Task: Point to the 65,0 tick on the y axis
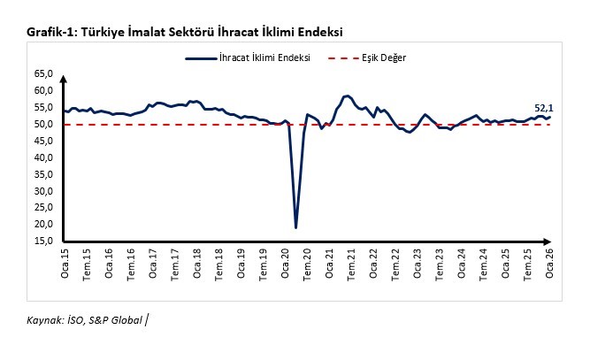tap(43, 73)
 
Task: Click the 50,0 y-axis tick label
tap(43, 124)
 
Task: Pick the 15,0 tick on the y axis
tap(43, 241)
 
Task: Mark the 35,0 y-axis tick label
tap(43, 174)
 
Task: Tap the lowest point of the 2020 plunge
tap(295, 227)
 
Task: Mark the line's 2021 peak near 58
tap(347, 96)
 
